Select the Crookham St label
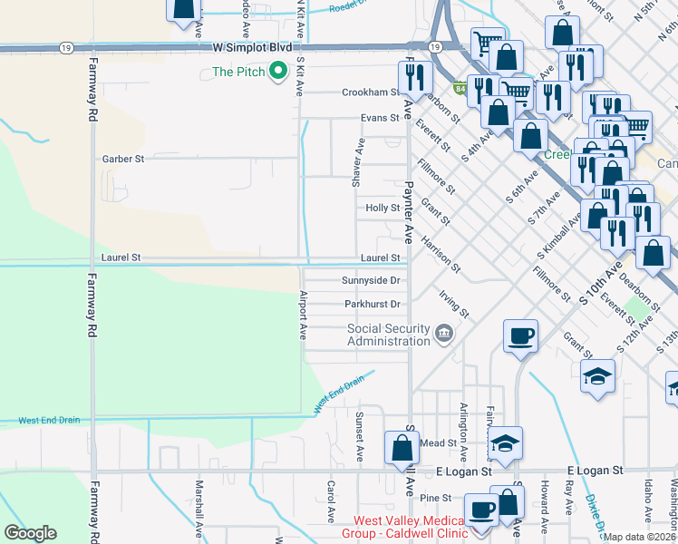tap(370, 92)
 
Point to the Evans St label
tap(379, 118)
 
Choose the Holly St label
tap(382, 208)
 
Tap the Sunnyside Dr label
tap(371, 280)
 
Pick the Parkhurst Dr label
tap(372, 304)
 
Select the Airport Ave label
tap(303, 315)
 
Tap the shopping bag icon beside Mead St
tap(401, 446)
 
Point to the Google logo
tap(30, 533)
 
